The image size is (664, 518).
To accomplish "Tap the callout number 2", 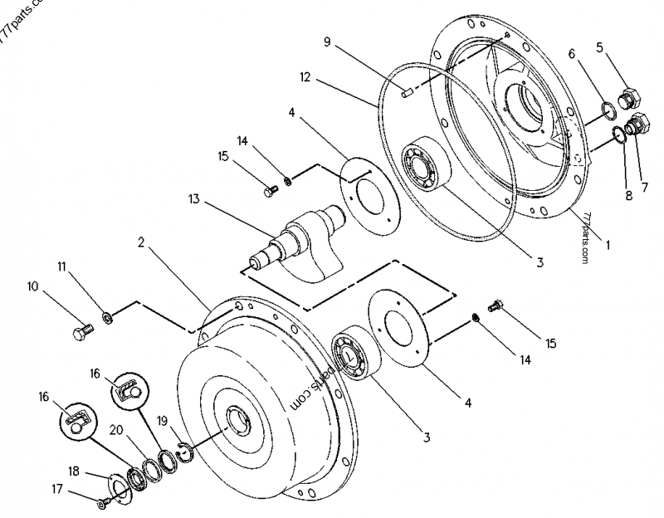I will coord(142,243).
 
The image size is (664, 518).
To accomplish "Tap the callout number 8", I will coord(629,197).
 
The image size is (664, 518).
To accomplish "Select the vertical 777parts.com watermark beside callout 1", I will coord(587,237).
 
